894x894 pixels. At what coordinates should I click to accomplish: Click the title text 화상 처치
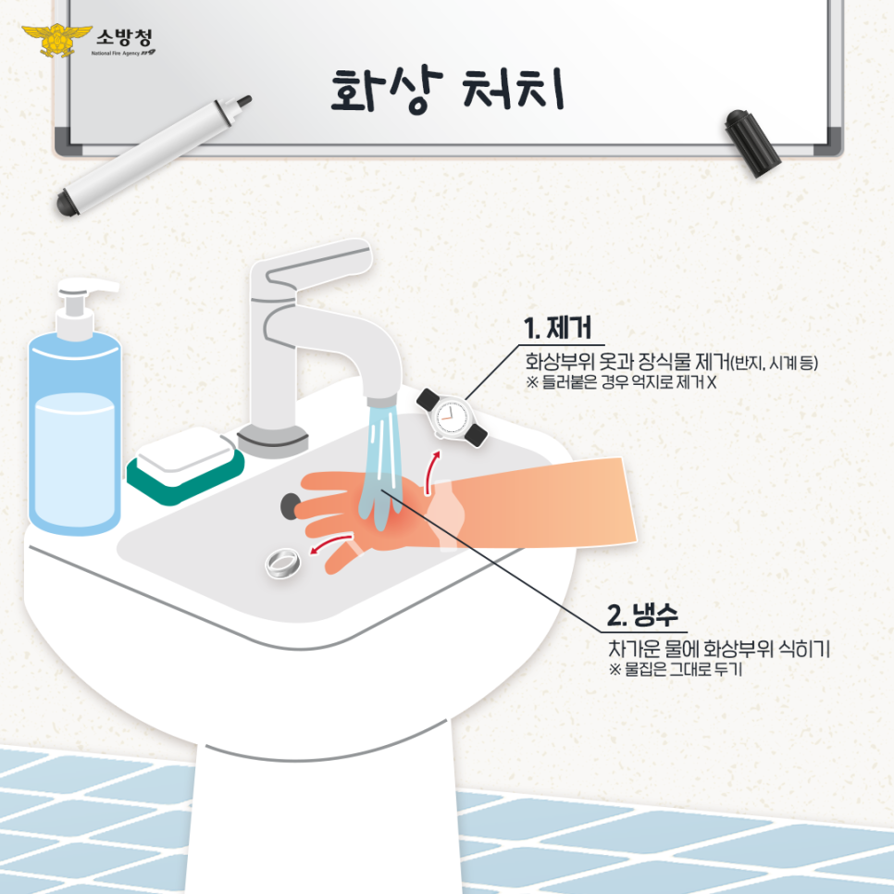pos(447,90)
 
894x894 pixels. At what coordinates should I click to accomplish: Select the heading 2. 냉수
pos(641,615)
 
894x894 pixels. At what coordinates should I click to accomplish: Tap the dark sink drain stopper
pos(292,504)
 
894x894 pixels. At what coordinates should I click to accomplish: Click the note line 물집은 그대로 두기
pos(675,670)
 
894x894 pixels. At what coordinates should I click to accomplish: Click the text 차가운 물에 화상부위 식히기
pos(717,649)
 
